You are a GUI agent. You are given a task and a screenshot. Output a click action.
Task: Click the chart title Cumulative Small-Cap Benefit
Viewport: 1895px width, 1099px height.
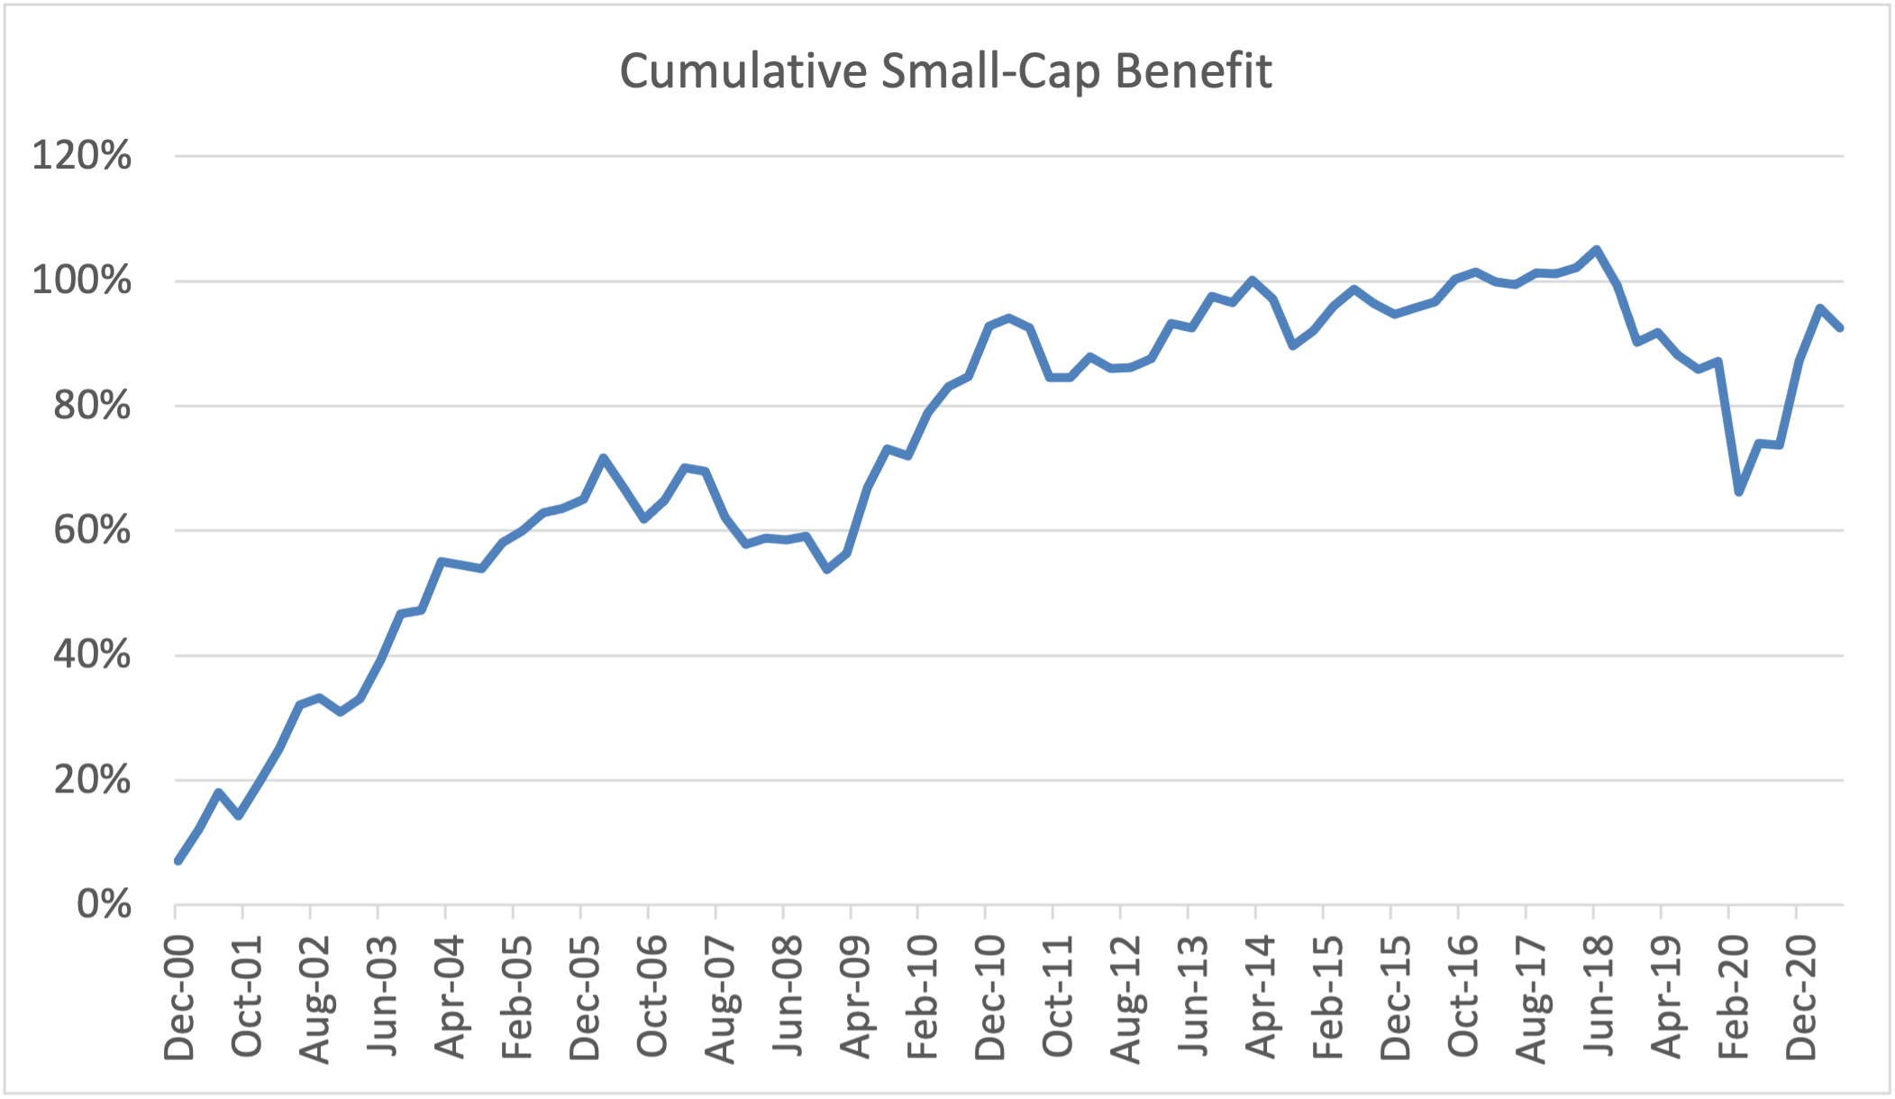945,71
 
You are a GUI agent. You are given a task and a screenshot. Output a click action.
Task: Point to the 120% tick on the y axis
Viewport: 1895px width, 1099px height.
81,156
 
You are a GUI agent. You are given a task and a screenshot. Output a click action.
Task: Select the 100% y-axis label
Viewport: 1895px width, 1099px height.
81,281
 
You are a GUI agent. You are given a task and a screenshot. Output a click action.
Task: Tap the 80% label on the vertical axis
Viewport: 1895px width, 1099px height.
92,406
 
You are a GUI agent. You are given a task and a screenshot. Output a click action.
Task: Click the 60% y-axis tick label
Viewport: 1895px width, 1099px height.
92,530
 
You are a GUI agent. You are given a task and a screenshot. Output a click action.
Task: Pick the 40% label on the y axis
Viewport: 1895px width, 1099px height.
92,655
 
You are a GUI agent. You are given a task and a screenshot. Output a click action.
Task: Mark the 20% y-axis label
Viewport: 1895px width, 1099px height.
92,780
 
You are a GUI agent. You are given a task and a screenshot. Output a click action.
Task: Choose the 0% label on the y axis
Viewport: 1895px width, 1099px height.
104,904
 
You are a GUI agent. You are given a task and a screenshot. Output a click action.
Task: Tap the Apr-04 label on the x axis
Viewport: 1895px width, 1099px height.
449,997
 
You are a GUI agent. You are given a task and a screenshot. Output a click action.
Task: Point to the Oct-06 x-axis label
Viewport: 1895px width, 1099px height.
651,997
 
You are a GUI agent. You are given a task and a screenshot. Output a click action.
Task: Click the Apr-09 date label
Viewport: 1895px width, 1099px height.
854,997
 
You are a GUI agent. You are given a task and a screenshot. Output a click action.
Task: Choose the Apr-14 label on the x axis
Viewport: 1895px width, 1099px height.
1260,997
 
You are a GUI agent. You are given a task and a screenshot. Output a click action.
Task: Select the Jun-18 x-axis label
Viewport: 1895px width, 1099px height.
1598,997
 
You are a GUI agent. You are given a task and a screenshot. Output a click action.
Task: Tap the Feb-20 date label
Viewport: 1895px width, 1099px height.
1733,997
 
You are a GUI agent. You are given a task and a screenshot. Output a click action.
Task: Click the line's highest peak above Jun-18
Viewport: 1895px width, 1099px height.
1596,249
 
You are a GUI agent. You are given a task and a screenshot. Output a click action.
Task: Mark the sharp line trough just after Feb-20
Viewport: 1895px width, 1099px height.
1738,492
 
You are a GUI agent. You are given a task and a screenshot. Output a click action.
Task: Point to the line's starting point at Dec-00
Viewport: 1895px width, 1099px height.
178,862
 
